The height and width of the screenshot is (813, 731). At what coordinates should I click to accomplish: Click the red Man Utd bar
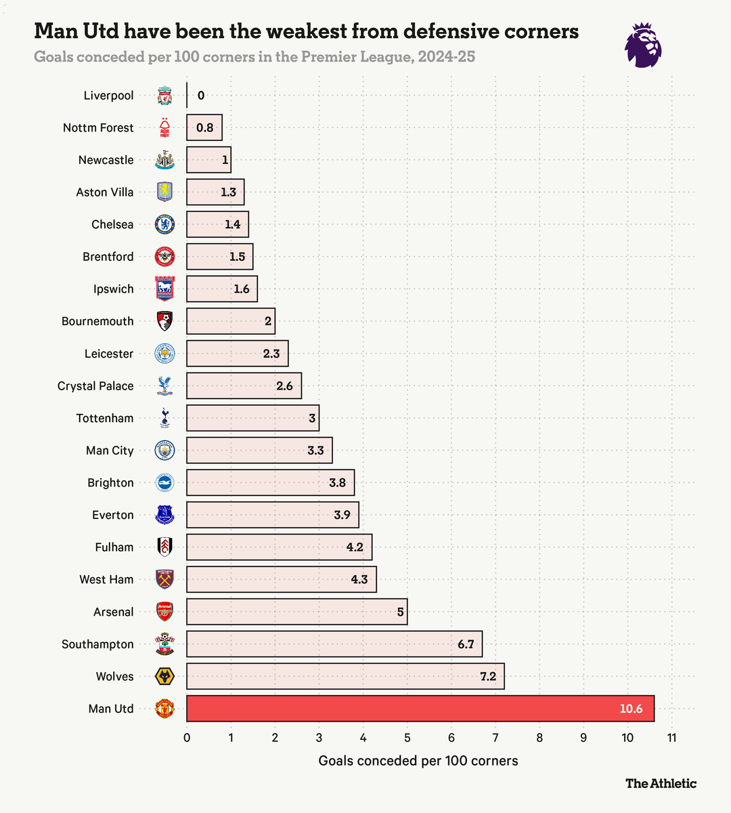(420, 709)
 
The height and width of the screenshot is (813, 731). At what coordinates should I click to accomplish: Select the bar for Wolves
(345, 676)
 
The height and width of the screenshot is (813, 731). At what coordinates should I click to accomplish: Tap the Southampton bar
(334, 644)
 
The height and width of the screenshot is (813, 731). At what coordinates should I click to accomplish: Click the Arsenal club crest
(164, 612)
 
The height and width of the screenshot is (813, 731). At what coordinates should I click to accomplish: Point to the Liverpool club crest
(164, 96)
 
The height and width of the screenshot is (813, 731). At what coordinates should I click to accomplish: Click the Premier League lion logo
(642, 45)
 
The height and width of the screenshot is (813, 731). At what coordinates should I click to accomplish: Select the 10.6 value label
(631, 709)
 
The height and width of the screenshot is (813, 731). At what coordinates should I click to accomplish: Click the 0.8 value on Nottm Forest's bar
(204, 127)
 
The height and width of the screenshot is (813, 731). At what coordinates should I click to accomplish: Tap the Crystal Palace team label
(95, 385)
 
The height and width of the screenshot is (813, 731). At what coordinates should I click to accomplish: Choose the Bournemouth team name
(97, 321)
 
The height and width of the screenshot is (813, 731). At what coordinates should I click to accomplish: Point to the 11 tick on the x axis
(671, 737)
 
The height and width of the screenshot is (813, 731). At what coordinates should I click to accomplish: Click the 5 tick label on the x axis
(407, 737)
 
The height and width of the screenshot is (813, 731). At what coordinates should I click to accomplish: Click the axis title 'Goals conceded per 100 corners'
(418, 760)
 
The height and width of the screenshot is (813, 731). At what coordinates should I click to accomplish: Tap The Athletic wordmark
(661, 783)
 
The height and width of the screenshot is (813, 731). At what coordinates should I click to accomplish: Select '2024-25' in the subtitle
(446, 57)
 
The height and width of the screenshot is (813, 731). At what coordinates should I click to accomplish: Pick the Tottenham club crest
(164, 418)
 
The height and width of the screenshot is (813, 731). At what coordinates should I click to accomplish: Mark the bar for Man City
(259, 451)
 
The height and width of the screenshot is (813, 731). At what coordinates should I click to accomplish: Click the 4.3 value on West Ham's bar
(359, 579)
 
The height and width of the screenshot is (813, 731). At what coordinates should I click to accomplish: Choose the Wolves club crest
(164, 676)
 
